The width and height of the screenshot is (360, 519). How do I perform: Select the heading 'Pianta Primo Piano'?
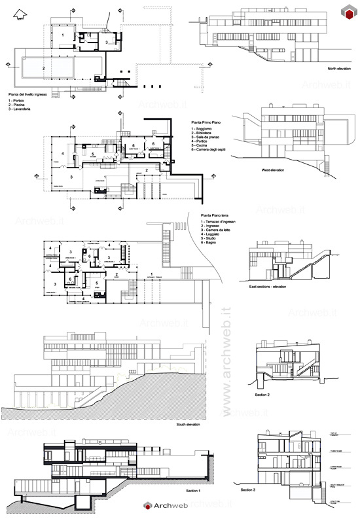tap(207, 122)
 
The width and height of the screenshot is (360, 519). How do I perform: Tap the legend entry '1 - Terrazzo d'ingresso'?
tap(218, 224)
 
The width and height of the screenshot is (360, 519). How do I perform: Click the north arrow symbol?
tap(21, 12)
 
